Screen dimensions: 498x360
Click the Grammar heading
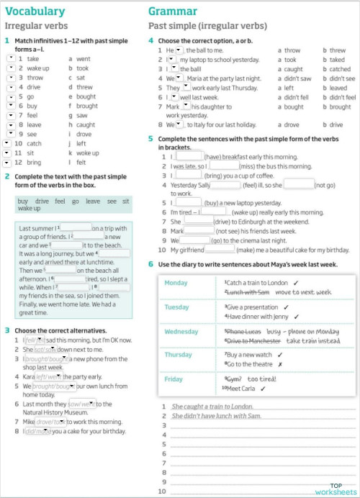pyautogui.click(x=173, y=11)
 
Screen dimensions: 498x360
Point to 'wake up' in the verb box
pyautogui.click(x=30, y=208)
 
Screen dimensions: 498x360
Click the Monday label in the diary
pyautogui.click(x=176, y=283)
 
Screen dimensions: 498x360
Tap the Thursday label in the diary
pyautogui.click(x=179, y=354)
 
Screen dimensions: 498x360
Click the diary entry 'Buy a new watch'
pyautogui.click(x=249, y=355)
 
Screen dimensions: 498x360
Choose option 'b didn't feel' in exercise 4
pyautogui.click(x=339, y=97)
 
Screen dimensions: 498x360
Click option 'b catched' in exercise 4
pyautogui.click(x=338, y=69)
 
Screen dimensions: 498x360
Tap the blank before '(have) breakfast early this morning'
pyautogui.click(x=189, y=156)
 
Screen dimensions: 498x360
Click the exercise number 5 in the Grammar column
pyautogui.click(x=150, y=138)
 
